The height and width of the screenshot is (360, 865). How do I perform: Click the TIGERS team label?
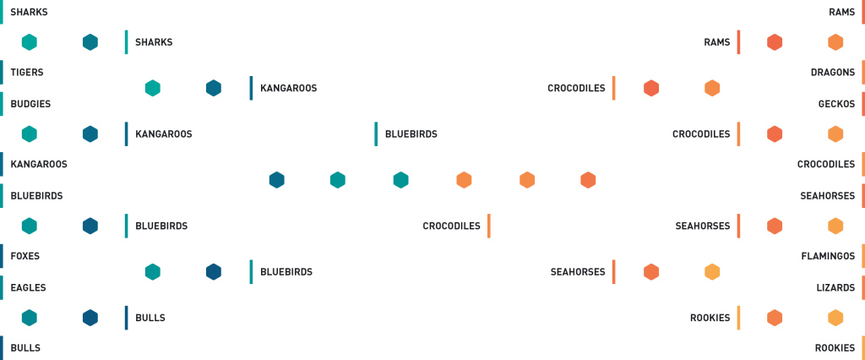pyautogui.click(x=27, y=73)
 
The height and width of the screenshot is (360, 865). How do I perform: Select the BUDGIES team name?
pyautogui.click(x=30, y=104)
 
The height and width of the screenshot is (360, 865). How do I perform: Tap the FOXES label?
pyautogui.click(x=25, y=255)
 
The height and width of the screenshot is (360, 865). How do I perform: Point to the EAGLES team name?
pyautogui.click(x=28, y=287)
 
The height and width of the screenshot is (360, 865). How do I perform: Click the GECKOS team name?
pyautogui.click(x=836, y=104)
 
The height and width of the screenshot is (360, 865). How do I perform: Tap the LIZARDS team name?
pyautogui.click(x=835, y=287)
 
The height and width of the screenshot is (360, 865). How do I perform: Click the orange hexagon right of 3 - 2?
pyautogui.click(x=464, y=180)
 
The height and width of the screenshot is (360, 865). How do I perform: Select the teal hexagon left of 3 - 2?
pyautogui.click(x=401, y=180)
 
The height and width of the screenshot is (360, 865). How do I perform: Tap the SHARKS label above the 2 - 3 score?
pyautogui.click(x=154, y=42)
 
